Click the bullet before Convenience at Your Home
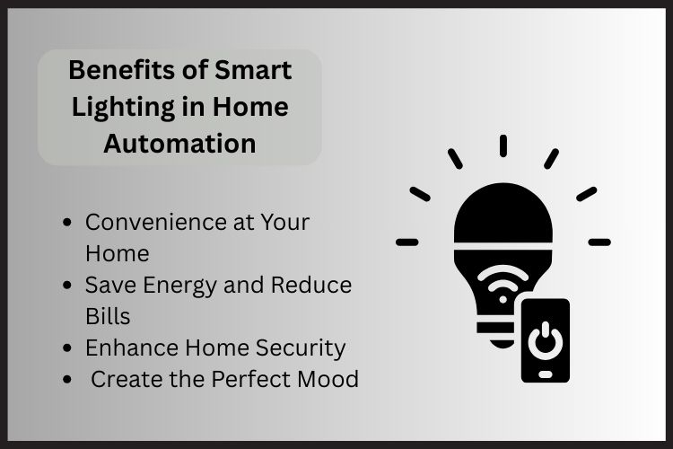pos(68,222)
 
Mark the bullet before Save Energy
pos(68,286)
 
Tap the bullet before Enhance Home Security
pos(68,348)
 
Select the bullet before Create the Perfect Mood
pos(68,380)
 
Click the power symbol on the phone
pos(545,341)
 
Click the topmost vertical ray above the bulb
pos(503,146)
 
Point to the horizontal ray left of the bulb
pos(407,242)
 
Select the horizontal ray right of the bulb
pos(599,242)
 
